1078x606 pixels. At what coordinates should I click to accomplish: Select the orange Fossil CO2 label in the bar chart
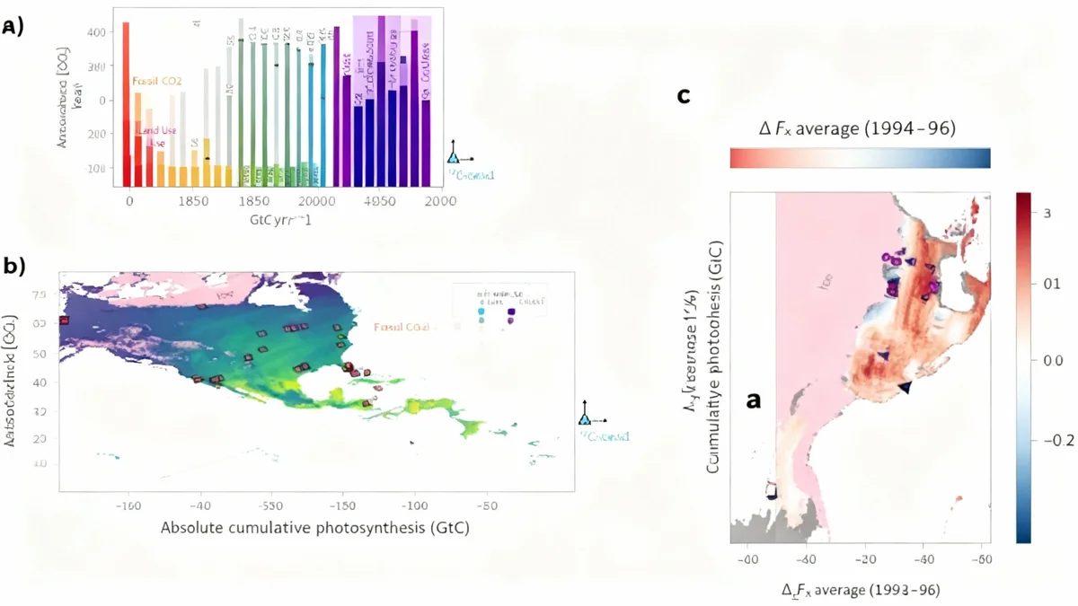pyautogui.click(x=157, y=82)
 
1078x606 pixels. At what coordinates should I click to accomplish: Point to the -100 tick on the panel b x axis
pyautogui.click(x=414, y=505)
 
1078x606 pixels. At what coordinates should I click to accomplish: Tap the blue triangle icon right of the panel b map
pyautogui.click(x=585, y=417)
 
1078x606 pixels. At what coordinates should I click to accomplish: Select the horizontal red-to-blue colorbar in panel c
pyautogui.click(x=860, y=158)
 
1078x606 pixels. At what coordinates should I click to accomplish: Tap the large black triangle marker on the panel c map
pyautogui.click(x=905, y=387)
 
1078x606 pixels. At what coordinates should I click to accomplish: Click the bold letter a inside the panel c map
pyautogui.click(x=754, y=400)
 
